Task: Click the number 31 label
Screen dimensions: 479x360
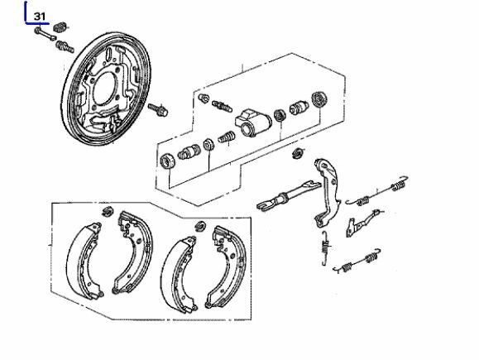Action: (x=40, y=16)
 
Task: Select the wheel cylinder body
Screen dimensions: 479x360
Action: (x=253, y=122)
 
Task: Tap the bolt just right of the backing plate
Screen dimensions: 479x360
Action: (x=158, y=110)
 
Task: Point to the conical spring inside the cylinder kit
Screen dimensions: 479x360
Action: (x=227, y=137)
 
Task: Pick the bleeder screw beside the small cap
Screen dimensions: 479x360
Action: (x=222, y=105)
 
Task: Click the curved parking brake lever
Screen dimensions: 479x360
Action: (x=327, y=193)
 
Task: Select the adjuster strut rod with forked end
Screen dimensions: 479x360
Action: (x=289, y=195)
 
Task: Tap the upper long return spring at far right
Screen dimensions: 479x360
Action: (x=377, y=192)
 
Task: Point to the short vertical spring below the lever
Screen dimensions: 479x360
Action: (x=325, y=247)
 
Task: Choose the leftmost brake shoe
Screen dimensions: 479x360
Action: (x=84, y=262)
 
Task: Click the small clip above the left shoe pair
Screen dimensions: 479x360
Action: (x=108, y=211)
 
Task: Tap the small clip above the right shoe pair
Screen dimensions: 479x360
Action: (x=201, y=226)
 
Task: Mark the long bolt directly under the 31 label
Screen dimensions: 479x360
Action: (x=46, y=34)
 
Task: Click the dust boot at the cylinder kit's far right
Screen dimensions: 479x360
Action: (x=319, y=99)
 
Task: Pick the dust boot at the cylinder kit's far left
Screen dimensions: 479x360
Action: (x=168, y=161)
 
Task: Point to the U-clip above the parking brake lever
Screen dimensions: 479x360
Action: (x=298, y=153)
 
